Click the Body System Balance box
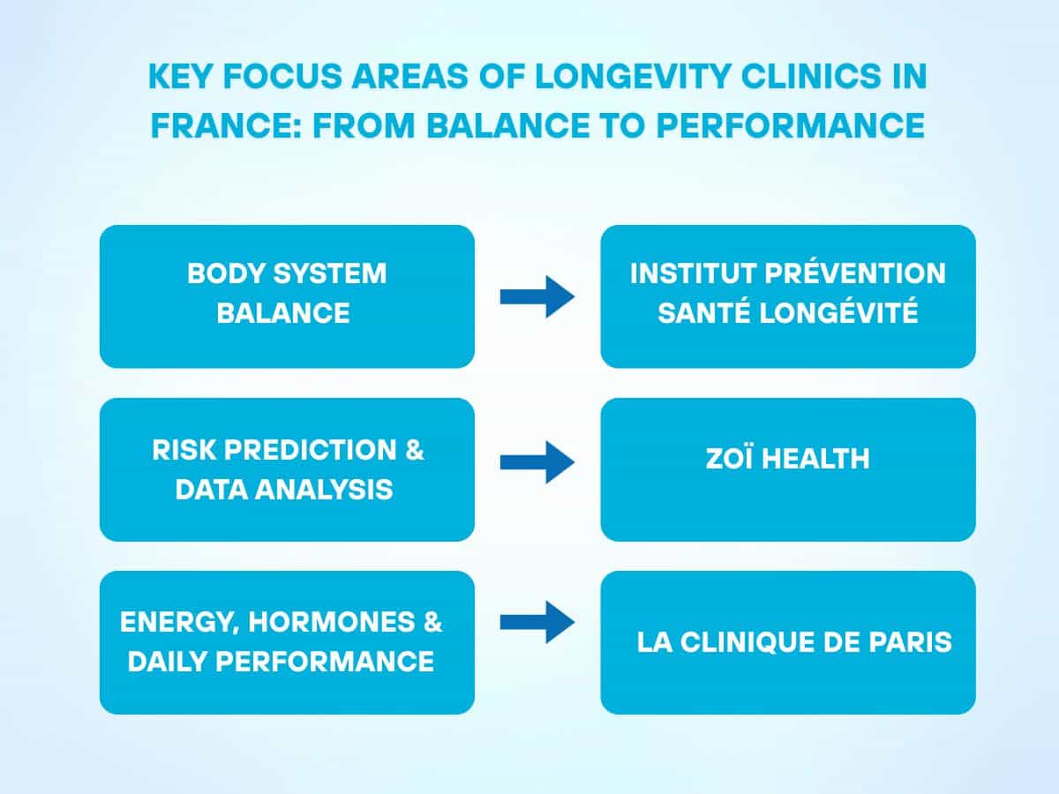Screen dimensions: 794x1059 click(x=287, y=296)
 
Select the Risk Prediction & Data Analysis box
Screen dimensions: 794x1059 click(x=287, y=469)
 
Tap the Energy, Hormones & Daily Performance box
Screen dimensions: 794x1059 click(x=287, y=642)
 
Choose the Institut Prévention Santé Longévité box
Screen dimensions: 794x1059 click(x=788, y=296)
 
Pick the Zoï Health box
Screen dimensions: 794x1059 click(x=788, y=469)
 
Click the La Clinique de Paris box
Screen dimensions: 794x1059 click(x=788, y=642)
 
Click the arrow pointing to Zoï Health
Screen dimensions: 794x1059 click(x=537, y=461)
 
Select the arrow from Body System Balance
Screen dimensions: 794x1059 click(x=537, y=296)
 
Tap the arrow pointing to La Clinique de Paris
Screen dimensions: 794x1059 click(x=537, y=622)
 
